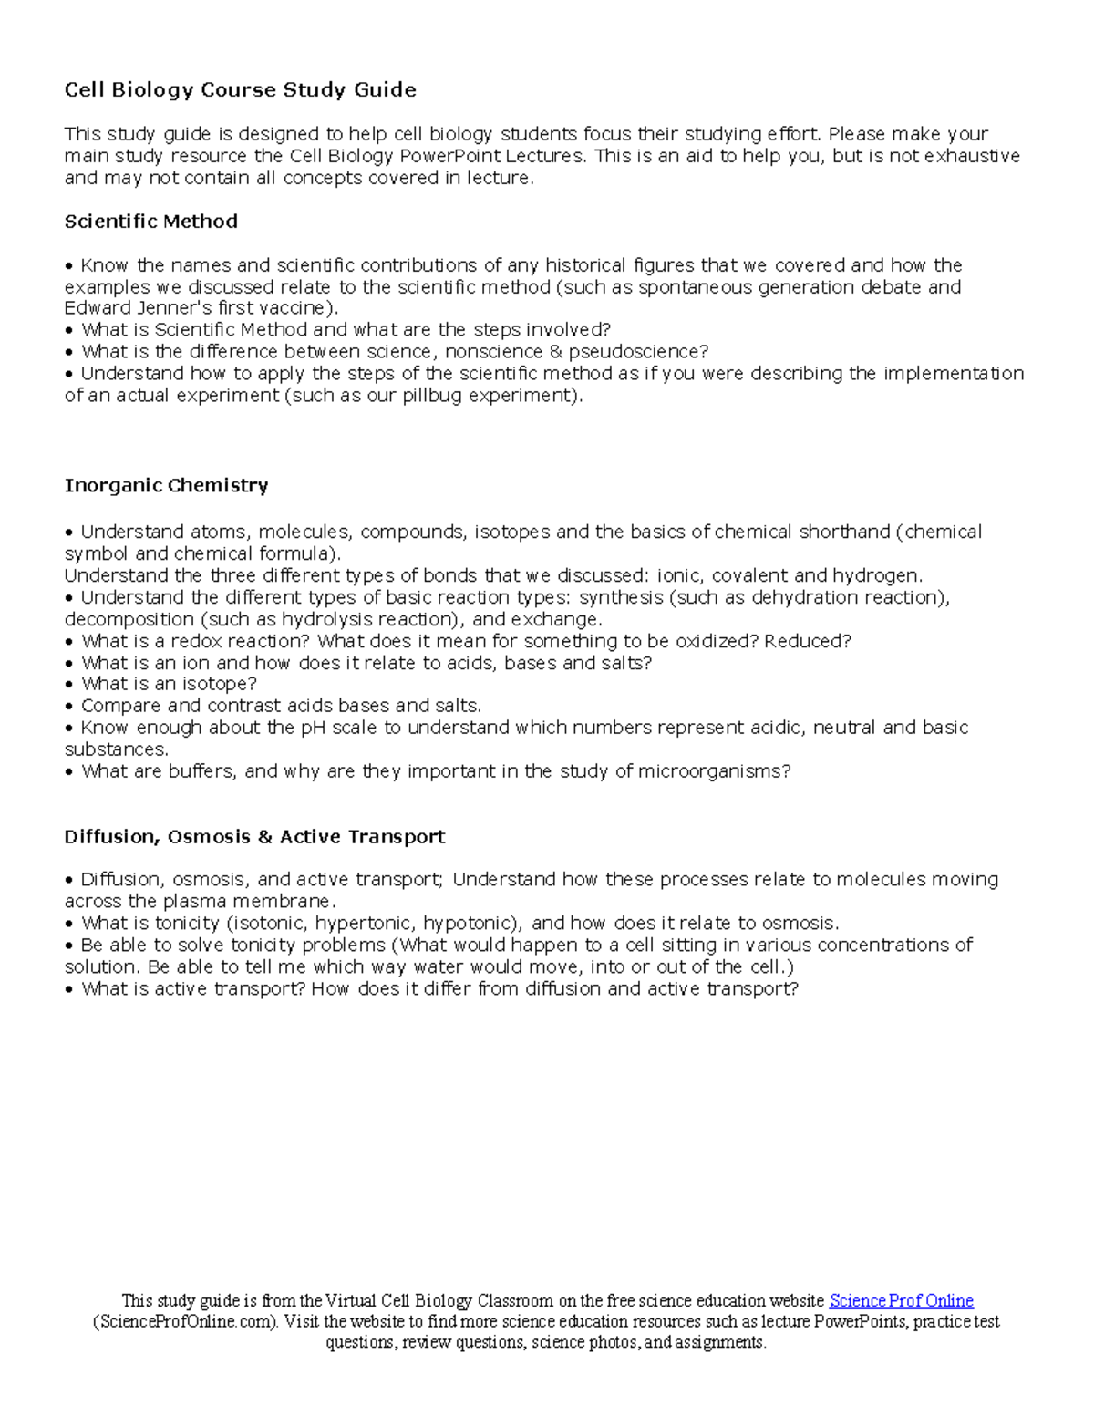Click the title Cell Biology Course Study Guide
pyautogui.click(x=240, y=89)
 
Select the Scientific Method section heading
pyautogui.click(x=150, y=222)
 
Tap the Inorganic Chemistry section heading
pyautogui.click(x=166, y=485)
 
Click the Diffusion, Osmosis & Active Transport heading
pyautogui.click(x=254, y=837)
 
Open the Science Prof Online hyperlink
pyautogui.click(x=901, y=1301)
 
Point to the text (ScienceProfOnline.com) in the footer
pyautogui.click(x=187, y=1322)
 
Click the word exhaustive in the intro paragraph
pyautogui.click(x=972, y=156)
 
